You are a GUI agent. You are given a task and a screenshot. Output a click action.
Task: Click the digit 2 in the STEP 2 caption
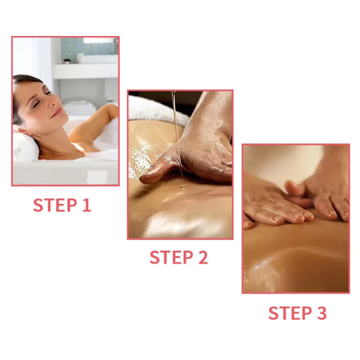[203, 257]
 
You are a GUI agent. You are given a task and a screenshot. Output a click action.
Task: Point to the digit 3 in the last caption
[321, 313]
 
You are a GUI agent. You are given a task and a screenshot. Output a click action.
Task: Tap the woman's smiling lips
[58, 113]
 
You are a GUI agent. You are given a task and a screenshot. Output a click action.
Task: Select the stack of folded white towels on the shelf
[80, 107]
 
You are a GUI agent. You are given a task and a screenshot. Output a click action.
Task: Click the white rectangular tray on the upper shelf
[97, 59]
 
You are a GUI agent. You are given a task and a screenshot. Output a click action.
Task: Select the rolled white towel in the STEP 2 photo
[156, 110]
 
